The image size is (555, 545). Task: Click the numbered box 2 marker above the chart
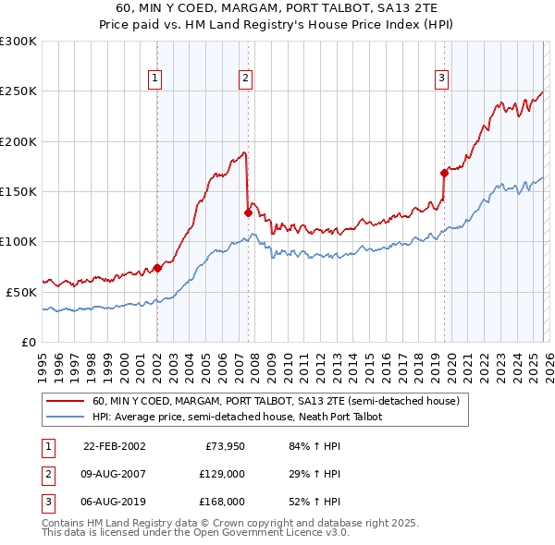click(x=245, y=79)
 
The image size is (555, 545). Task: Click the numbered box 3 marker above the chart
click(x=442, y=79)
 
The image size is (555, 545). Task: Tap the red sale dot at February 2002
click(x=157, y=268)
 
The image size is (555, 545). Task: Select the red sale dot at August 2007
click(x=248, y=212)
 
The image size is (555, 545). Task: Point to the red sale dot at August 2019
click(x=444, y=173)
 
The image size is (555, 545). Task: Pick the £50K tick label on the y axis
click(x=22, y=292)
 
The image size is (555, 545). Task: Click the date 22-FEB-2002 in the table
click(x=114, y=446)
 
